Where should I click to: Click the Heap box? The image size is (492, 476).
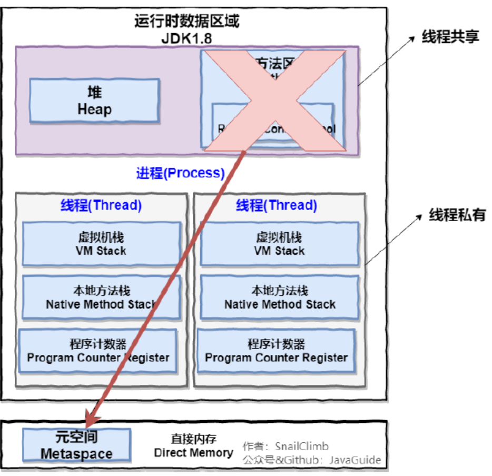pyautogui.click(x=94, y=101)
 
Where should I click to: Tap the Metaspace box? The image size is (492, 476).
pyautogui.click(x=76, y=445)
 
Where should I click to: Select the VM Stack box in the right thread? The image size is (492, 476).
pyautogui.click(x=280, y=244)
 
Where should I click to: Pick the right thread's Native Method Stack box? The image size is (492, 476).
pyautogui.click(x=280, y=297)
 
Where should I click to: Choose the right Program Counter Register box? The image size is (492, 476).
pyautogui.click(x=277, y=351)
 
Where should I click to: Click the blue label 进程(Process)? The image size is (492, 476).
pyautogui.click(x=181, y=173)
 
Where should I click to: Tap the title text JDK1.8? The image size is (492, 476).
pyautogui.click(x=186, y=38)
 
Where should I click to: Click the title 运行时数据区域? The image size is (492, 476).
pyautogui.click(x=186, y=22)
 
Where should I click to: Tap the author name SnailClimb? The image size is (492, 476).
pyautogui.click(x=302, y=446)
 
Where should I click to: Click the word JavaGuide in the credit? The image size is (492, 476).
pyautogui.click(x=355, y=460)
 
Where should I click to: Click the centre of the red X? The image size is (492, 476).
pyautogui.click(x=274, y=100)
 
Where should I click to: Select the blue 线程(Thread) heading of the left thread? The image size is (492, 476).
pyautogui.click(x=101, y=205)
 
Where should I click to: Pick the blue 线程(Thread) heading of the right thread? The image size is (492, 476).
pyautogui.click(x=277, y=205)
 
